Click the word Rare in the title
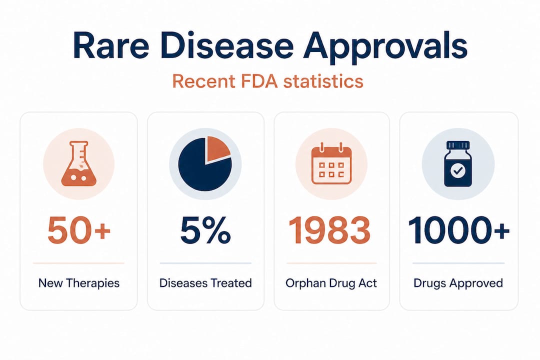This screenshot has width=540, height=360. (x=110, y=46)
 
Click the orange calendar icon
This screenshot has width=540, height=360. (x=331, y=165)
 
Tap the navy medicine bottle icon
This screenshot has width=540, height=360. (x=458, y=164)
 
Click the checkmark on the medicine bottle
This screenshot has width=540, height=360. (x=458, y=170)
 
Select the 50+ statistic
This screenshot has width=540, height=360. (x=79, y=230)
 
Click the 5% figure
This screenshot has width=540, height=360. (x=205, y=230)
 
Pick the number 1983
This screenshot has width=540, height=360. (x=329, y=230)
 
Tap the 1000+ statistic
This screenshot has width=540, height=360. (x=458, y=230)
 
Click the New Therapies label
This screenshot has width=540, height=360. (x=79, y=283)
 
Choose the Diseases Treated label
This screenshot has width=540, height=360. (x=205, y=283)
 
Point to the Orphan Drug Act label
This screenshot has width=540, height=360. (x=331, y=283)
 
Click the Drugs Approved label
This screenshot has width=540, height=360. (x=458, y=283)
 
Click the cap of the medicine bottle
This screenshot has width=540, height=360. (x=458, y=145)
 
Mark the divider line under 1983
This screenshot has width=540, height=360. (x=331, y=263)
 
